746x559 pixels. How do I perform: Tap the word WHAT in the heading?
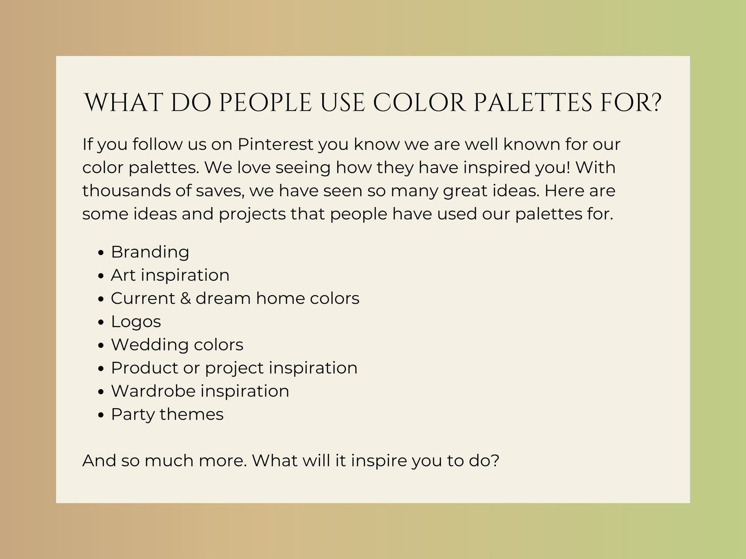(x=123, y=103)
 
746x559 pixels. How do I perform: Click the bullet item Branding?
(x=150, y=252)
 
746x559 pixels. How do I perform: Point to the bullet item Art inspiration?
(x=170, y=275)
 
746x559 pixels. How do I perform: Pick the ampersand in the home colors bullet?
(x=185, y=299)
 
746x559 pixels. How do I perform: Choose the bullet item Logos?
(x=136, y=322)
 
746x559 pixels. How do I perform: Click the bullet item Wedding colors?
(x=177, y=345)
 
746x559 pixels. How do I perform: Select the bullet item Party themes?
(x=167, y=414)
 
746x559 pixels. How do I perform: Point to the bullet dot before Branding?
(x=101, y=253)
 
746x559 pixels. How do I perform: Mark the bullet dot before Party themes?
(x=101, y=415)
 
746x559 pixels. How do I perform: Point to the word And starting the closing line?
(x=99, y=460)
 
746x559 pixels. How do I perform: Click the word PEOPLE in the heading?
(x=265, y=103)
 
